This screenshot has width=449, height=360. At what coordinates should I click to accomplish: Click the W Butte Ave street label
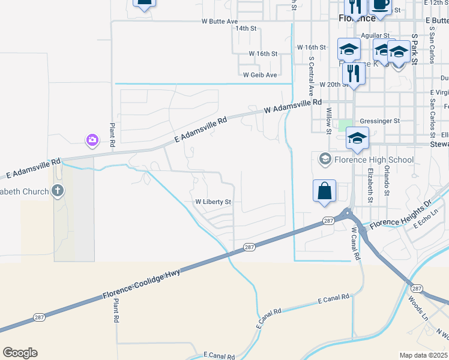point(220,21)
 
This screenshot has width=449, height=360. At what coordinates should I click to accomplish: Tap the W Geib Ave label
point(260,75)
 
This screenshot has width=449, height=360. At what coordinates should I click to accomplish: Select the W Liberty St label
point(213,202)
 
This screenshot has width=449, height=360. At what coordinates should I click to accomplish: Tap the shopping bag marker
point(324,191)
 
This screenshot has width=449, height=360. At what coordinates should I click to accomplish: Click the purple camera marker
point(92,140)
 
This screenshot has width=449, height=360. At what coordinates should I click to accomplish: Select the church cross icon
point(58,191)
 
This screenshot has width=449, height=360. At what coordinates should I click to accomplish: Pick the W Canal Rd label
point(355,243)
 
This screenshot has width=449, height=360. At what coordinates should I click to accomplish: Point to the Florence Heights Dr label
point(400,217)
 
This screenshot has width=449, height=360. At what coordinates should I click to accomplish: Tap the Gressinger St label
point(379,121)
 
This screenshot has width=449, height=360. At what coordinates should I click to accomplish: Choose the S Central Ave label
point(312,77)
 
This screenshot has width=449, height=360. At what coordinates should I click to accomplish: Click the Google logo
point(20,353)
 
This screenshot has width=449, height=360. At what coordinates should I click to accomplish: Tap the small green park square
point(345,125)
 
